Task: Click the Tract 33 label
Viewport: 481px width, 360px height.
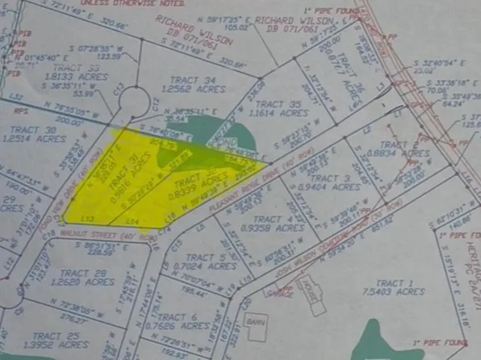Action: click(56, 69)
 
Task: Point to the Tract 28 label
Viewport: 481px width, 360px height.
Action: click(79, 272)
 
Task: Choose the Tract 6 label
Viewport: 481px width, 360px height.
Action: click(177, 316)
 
